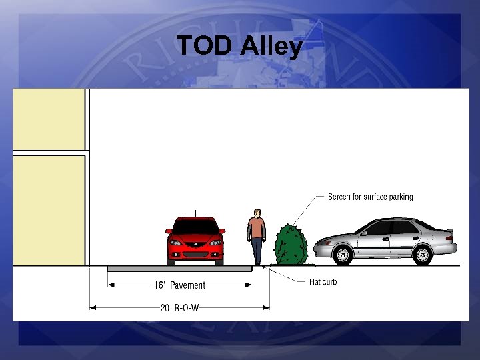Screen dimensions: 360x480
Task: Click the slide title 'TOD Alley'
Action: pyautogui.click(x=239, y=47)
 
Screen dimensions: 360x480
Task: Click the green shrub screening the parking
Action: pyautogui.click(x=291, y=245)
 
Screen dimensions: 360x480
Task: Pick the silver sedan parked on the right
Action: pyautogui.click(x=385, y=241)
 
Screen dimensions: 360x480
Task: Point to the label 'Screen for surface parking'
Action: pyautogui.click(x=370, y=197)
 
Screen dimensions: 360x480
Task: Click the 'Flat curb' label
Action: pyautogui.click(x=323, y=282)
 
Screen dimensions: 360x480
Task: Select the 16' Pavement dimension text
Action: pyautogui.click(x=180, y=285)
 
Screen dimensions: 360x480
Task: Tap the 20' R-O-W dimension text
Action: pyautogui.click(x=180, y=307)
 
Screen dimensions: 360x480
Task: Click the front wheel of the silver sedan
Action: pyautogui.click(x=343, y=255)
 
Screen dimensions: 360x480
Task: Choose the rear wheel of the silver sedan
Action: pyautogui.click(x=422, y=254)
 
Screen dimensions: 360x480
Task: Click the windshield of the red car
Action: pyautogui.click(x=195, y=227)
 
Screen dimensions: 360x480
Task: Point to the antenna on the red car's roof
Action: pyautogui.click(x=195, y=213)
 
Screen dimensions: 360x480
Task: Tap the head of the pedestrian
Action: pyautogui.click(x=256, y=213)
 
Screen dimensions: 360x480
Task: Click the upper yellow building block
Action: pyautogui.click(x=49, y=119)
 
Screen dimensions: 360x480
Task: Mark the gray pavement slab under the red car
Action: pyautogui.click(x=180, y=268)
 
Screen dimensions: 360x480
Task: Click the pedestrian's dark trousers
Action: pyautogui.click(x=257, y=252)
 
